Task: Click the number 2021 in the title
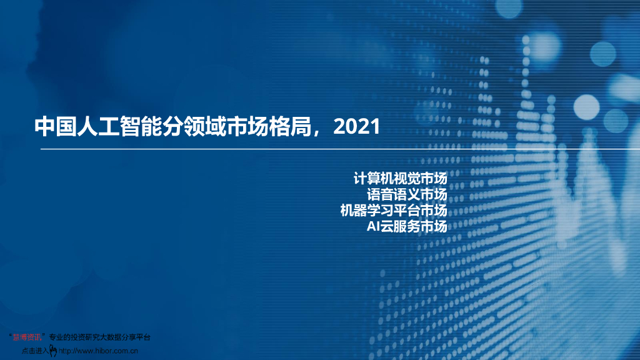[x=357, y=127]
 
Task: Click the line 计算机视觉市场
[x=401, y=177]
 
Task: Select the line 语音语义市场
[x=407, y=194]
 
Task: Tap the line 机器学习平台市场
[x=394, y=210]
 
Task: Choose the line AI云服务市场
[x=407, y=226]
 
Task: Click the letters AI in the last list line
[x=373, y=226]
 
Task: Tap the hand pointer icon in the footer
[x=53, y=351]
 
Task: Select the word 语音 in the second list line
[x=381, y=194]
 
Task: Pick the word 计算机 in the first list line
[x=374, y=177]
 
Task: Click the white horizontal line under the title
[x=337, y=150]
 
